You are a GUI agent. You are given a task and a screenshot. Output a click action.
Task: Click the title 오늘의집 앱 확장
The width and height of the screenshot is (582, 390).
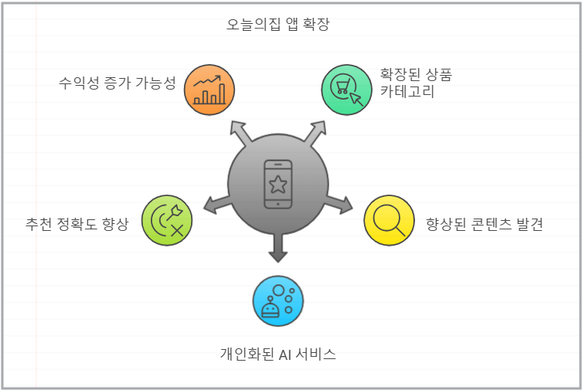[x=278, y=25]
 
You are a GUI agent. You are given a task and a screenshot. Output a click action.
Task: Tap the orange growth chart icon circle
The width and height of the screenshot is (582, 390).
[x=209, y=90]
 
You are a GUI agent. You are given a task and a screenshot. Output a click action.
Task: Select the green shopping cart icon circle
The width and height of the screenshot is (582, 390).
[x=346, y=90]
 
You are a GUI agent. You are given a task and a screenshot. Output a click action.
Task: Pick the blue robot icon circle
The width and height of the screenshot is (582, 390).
[x=278, y=300]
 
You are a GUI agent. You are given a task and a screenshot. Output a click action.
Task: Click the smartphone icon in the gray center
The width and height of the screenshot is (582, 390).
[x=278, y=185]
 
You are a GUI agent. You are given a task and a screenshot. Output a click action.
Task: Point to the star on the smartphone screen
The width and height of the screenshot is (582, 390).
[x=278, y=185]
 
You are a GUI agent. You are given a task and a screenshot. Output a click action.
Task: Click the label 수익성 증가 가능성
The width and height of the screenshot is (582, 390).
[x=117, y=83]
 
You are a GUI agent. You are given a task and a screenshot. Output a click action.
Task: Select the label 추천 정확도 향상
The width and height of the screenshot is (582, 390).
[x=77, y=225]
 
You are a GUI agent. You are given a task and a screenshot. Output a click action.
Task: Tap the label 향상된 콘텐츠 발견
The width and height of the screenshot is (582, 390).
[x=485, y=225]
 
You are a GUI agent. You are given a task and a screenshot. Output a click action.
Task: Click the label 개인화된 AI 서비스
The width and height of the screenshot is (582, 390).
[x=278, y=355]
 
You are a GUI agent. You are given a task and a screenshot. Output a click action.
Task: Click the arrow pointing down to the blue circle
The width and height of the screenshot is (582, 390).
[x=278, y=248]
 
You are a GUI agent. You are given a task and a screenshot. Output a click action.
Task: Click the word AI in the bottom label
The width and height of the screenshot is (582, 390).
[x=285, y=355]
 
